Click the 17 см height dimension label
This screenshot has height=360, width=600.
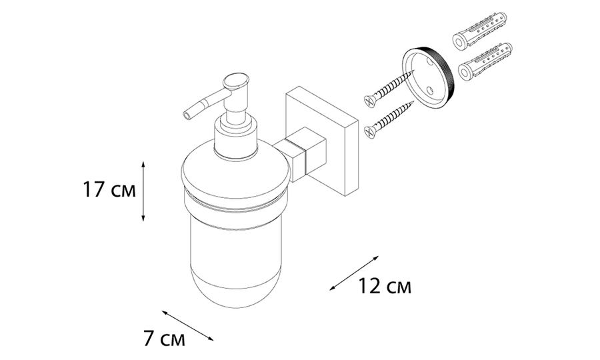(x=109, y=190)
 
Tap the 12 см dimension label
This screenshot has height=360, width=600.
(x=385, y=286)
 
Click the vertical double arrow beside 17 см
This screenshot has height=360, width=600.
(x=143, y=191)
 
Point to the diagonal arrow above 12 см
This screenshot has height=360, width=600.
(x=354, y=273)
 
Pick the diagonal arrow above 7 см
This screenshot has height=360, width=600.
(x=187, y=325)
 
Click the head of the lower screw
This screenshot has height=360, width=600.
(x=370, y=132)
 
